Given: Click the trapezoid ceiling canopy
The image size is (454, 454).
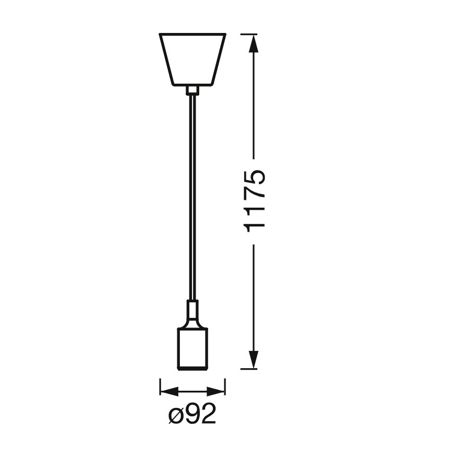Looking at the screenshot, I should pos(192,59).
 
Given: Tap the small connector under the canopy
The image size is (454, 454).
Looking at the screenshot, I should pos(192,91).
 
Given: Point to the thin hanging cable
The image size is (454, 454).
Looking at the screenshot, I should pos(192,199).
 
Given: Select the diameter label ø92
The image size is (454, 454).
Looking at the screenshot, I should pos(193,416).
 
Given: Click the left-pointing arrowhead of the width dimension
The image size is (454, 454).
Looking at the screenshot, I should pos(166,390).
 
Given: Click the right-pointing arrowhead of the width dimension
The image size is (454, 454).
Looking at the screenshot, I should pos(219,390).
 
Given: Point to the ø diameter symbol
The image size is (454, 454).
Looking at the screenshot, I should pos(177,417).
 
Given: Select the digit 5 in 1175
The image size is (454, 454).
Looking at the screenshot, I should pos(255,178).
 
